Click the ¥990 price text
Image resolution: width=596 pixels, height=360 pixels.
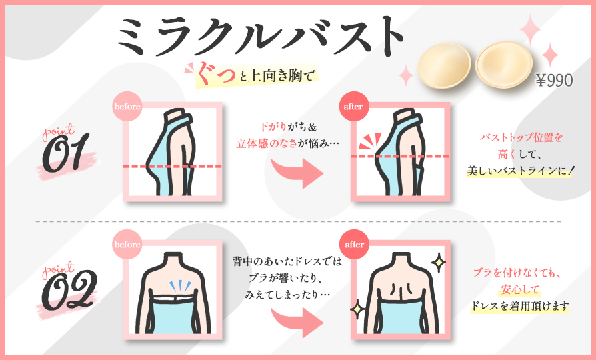coord(554,80)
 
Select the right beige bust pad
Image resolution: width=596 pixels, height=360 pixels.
coord(505,65)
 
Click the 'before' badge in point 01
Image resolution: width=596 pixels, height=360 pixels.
coord(127,107)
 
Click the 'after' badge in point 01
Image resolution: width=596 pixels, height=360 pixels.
coord(353,107)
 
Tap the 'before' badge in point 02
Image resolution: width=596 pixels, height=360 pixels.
coord(127,244)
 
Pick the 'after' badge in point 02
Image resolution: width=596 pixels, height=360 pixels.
coord(354,244)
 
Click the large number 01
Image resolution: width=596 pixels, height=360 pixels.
coord(65,152)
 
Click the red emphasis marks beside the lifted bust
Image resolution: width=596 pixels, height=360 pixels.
coord(370,141)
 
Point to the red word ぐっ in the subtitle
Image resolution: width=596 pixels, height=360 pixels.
coord(215,73)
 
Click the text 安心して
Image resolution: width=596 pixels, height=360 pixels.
coord(519,289)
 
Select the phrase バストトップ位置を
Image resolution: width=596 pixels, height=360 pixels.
coord(521,137)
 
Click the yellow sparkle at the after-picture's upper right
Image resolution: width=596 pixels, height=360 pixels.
coord(439,262)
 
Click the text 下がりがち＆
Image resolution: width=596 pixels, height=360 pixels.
coord(287,127)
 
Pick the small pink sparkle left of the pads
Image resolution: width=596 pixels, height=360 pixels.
coord(405,75)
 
